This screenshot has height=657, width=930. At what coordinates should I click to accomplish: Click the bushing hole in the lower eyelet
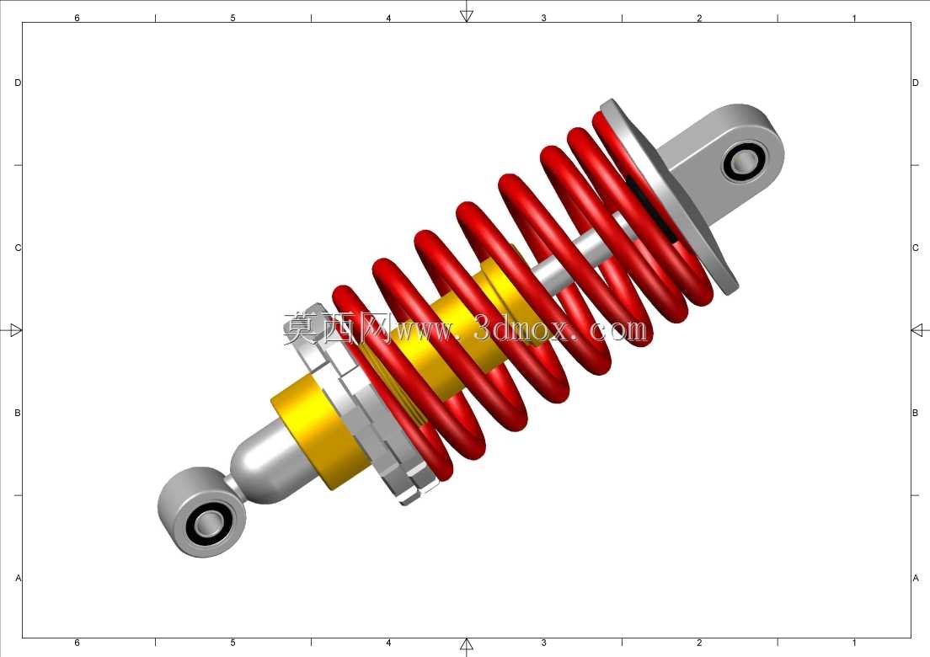click(x=207, y=523)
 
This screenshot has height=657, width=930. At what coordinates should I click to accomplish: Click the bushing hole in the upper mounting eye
click(x=744, y=161)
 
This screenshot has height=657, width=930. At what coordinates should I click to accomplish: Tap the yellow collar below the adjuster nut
click(x=320, y=431)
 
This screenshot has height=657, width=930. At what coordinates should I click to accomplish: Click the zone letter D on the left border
click(x=17, y=83)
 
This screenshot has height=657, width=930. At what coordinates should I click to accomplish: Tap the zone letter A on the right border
click(x=915, y=578)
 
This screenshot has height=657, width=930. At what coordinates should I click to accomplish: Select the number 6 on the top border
click(x=77, y=18)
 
